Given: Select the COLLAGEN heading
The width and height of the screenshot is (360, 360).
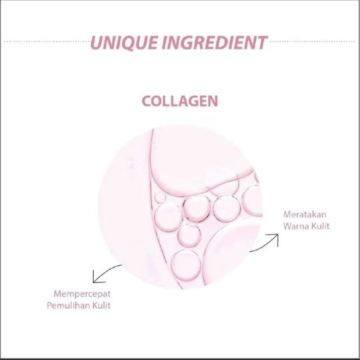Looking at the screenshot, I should coord(180,101).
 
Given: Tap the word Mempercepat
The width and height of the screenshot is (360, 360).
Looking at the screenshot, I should coord(82,294).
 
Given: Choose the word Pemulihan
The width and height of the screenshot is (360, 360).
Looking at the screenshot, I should coord(68,305).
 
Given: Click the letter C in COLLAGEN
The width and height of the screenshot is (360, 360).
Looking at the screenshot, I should coord(146,101).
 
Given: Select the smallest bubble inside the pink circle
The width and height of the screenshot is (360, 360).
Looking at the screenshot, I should coord(189,235).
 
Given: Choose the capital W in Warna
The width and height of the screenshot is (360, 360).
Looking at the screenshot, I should coord(288,226).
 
